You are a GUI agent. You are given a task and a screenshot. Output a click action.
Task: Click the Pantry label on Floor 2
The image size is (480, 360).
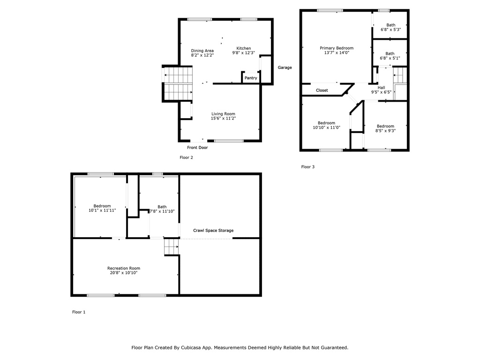point(251,78)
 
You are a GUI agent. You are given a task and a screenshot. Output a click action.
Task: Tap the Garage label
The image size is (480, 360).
point(285,67)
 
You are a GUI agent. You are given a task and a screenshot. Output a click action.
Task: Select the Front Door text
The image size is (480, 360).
point(197,148)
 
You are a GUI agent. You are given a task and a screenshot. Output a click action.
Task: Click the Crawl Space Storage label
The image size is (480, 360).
point(213,231)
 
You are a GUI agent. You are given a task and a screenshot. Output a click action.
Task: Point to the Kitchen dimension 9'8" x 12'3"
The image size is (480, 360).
point(244,52)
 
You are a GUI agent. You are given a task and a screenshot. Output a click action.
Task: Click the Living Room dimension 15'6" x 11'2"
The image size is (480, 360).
point(224,118)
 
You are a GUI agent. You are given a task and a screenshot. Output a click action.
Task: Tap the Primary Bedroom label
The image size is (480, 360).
point(337,48)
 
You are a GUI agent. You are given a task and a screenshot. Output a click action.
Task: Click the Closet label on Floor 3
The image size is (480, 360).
point(322,90)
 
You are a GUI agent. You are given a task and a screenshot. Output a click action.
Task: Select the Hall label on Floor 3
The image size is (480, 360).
point(381,88)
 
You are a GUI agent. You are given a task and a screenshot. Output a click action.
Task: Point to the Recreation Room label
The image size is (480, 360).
point(124,268)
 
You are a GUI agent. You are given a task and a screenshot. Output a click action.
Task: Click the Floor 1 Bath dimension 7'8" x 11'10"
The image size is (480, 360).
point(162,211)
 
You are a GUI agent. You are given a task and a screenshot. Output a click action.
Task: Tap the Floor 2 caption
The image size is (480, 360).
point(187,157)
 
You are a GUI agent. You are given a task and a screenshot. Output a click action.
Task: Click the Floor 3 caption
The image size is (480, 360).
point(308,167)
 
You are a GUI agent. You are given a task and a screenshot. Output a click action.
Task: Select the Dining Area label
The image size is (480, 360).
point(202,51)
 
